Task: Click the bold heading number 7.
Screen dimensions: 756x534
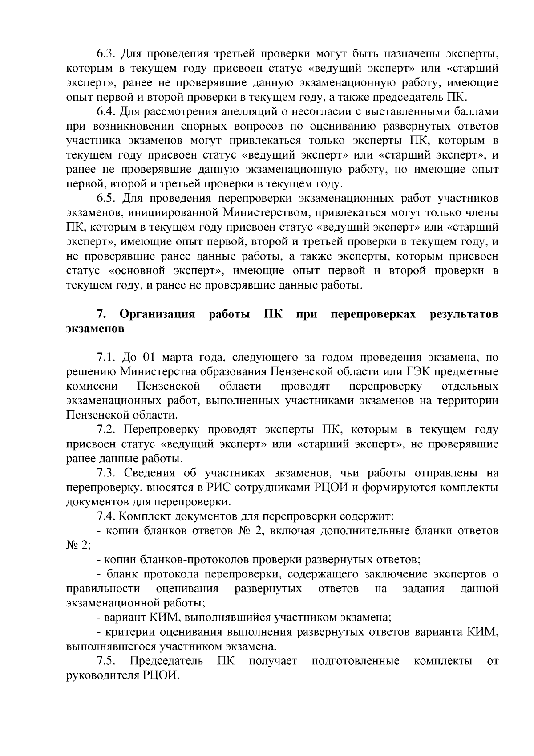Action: tap(101, 314)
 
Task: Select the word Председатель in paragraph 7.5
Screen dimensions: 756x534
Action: tap(166, 661)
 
